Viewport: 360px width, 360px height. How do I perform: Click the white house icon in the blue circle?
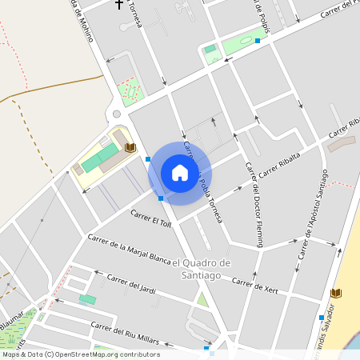(179, 173)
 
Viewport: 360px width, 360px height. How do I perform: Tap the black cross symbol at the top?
(120, 5)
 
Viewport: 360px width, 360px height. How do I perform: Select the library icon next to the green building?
(130, 148)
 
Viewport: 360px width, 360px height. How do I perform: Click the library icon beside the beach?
(336, 294)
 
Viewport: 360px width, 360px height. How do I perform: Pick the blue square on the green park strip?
(258, 40)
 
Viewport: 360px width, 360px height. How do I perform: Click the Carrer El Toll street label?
(151, 219)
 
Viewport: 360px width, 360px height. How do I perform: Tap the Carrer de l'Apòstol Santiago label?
(313, 214)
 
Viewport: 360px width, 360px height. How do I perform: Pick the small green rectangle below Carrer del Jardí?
(87, 299)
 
